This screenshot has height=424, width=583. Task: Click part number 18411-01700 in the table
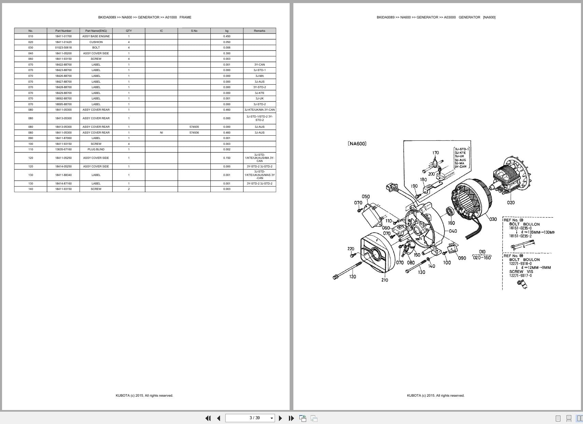[x=63, y=36]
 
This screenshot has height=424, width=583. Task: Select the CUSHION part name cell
[x=96, y=42]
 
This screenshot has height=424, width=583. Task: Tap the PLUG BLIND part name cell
[x=96, y=149]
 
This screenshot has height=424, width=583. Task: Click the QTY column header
[x=129, y=31]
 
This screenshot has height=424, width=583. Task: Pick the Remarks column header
[x=259, y=31]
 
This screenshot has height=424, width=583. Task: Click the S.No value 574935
[x=194, y=127]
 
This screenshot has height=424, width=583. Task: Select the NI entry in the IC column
[x=161, y=133]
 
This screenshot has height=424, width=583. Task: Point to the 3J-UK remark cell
[x=259, y=98]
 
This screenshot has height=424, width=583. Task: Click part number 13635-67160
[x=63, y=149]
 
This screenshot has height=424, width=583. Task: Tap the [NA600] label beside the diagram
[x=357, y=144]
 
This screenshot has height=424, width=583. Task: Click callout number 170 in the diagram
[x=435, y=153]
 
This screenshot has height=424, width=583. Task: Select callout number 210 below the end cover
[x=385, y=280]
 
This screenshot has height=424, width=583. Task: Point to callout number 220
[x=351, y=249]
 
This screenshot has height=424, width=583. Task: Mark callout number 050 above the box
[x=365, y=197]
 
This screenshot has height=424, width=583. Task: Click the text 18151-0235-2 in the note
[x=520, y=236]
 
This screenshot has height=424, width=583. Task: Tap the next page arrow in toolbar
[x=280, y=418]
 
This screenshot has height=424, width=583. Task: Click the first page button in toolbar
[x=208, y=418]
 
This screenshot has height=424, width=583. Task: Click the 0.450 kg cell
[x=226, y=36]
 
